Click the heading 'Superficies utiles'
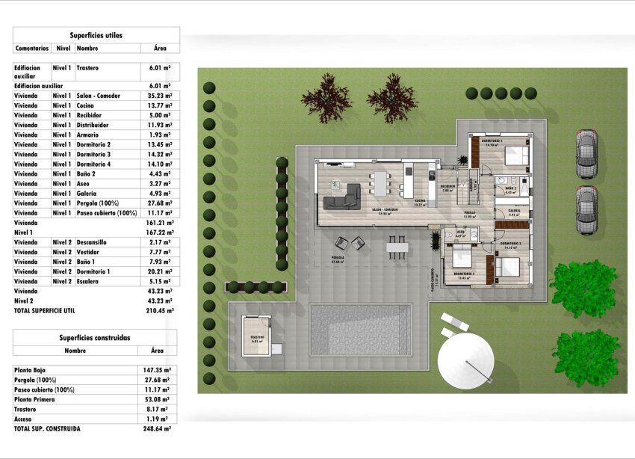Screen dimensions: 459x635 coord(96,35)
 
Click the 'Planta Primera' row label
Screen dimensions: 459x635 coord(34,399)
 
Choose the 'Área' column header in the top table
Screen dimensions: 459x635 coord(160,48)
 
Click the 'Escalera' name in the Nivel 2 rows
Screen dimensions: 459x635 coord(88,281)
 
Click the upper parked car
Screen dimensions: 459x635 coord(587,153)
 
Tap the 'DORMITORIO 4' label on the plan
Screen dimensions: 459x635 coord(491,141)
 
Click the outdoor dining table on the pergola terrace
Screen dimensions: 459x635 coord(395,244)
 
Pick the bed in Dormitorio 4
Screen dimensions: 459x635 coord(515,155)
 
